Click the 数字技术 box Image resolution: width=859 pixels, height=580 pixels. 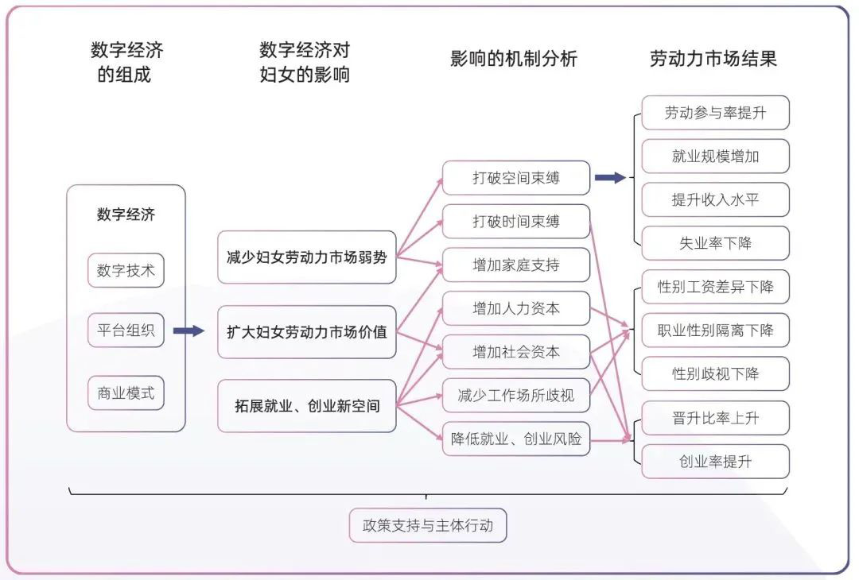pyautogui.click(x=126, y=270)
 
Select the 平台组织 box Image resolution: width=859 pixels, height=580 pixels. pyautogui.click(x=126, y=330)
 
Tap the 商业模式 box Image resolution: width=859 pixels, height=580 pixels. pyautogui.click(x=126, y=392)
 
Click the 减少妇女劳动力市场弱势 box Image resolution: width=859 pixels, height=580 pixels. pyautogui.click(x=307, y=257)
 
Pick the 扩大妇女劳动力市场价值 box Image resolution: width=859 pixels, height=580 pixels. pyautogui.click(x=307, y=332)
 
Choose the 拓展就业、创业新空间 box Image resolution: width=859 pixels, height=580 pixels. pyautogui.click(x=307, y=406)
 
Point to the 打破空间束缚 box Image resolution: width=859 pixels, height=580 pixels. pyautogui.click(x=516, y=178)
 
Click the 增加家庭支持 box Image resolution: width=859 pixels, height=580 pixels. pyautogui.click(x=516, y=265)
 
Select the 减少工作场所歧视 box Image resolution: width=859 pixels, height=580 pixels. pyautogui.click(x=516, y=395)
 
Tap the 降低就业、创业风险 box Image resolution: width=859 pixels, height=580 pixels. pyautogui.click(x=516, y=439)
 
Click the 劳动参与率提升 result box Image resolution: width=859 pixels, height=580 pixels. pyautogui.click(x=716, y=113)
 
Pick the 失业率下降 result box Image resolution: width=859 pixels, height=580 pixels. pyautogui.click(x=716, y=243)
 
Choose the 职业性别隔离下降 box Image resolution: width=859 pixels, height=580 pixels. pyautogui.click(x=716, y=330)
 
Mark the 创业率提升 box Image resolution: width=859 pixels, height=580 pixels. pyautogui.click(x=716, y=462)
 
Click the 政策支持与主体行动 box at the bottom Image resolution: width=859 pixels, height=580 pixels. pyautogui.click(x=428, y=525)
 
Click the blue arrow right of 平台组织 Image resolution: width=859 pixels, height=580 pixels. pyautogui.click(x=189, y=331)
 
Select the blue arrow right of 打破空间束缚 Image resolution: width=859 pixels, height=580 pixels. pyautogui.click(x=610, y=177)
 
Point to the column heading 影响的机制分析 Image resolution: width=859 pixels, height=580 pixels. pyautogui.click(x=514, y=59)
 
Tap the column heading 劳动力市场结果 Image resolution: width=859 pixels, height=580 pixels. pyautogui.click(x=713, y=59)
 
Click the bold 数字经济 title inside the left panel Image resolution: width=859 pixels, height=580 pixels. pyautogui.click(x=126, y=214)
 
